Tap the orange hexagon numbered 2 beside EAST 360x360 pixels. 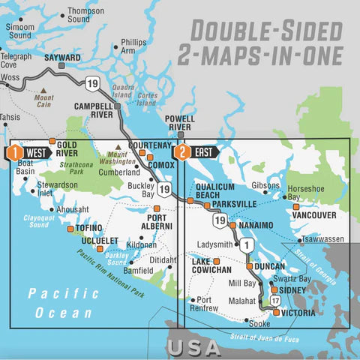click(x=181, y=151)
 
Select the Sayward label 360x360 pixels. click(x=62, y=57)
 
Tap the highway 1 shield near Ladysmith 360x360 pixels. click(x=246, y=244)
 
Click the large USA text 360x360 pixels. click(x=193, y=347)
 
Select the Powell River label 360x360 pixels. click(x=180, y=122)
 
